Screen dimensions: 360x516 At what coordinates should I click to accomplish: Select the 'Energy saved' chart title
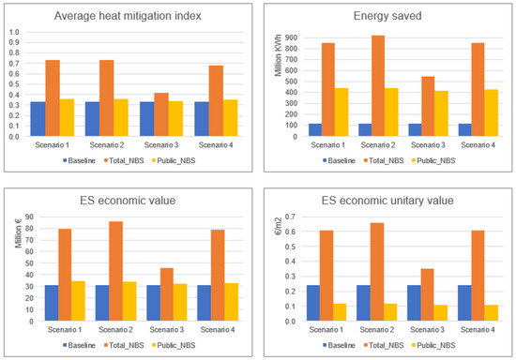[x=387, y=16]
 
